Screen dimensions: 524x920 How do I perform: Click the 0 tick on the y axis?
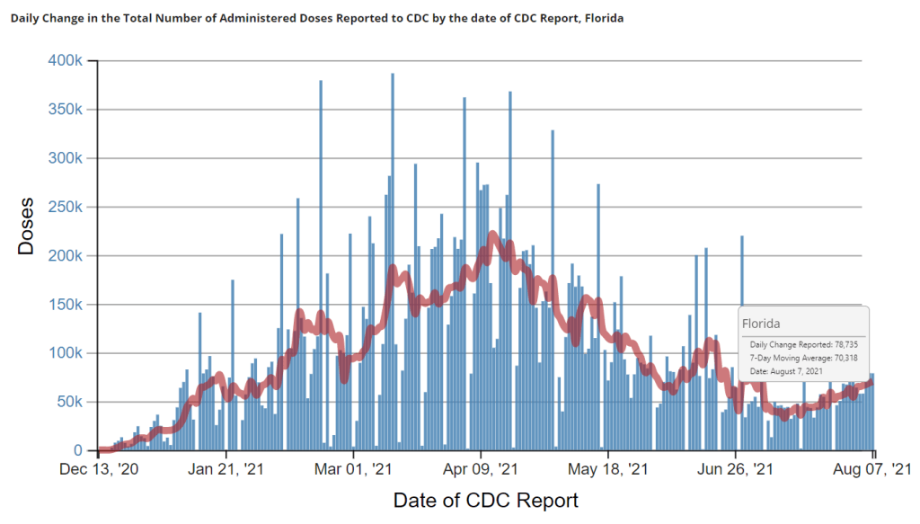tap(79, 450)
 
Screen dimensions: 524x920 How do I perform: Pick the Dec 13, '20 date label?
tap(99, 468)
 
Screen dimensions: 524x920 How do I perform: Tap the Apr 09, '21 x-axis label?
tap(482, 468)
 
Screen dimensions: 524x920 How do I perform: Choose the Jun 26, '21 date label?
tap(736, 468)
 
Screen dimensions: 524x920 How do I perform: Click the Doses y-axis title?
tap(27, 226)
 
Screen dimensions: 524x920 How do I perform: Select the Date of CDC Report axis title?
tap(485, 500)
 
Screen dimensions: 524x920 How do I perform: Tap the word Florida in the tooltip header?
tap(760, 322)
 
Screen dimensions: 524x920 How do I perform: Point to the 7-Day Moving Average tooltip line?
tap(802, 358)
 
